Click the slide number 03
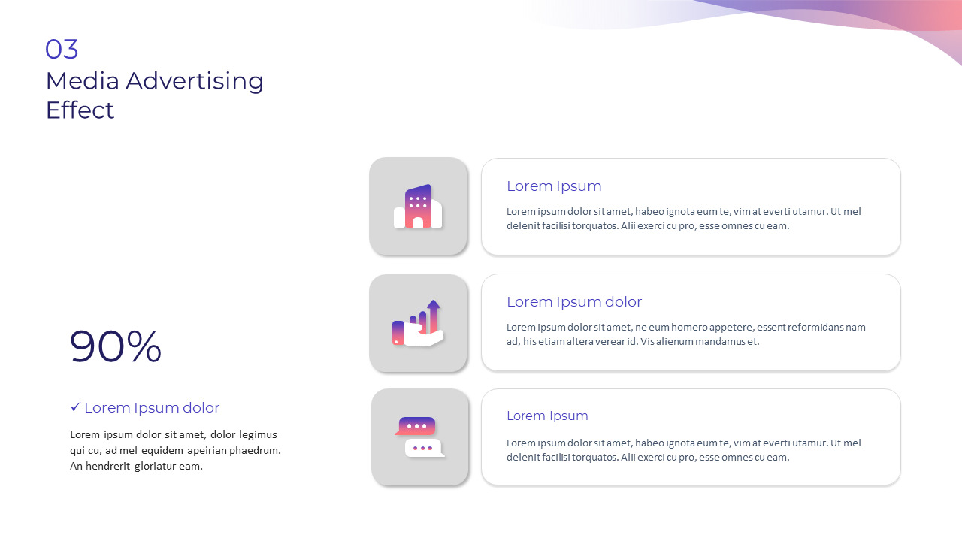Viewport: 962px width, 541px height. point(62,50)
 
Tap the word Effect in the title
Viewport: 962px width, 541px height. point(80,110)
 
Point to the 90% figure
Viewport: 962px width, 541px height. point(115,346)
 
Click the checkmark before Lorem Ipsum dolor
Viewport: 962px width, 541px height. point(75,407)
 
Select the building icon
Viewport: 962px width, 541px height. point(418,206)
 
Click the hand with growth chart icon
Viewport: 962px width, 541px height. point(418,323)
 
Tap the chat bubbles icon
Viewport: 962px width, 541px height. point(419,437)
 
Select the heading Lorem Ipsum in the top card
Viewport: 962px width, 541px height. point(554,186)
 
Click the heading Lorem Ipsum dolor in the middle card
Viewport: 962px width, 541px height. point(574,302)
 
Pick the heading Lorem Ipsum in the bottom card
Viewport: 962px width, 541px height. point(547,416)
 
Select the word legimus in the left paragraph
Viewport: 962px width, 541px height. point(258,434)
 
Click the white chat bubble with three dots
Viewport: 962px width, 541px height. point(424,448)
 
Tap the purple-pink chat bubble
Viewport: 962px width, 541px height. point(416,426)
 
